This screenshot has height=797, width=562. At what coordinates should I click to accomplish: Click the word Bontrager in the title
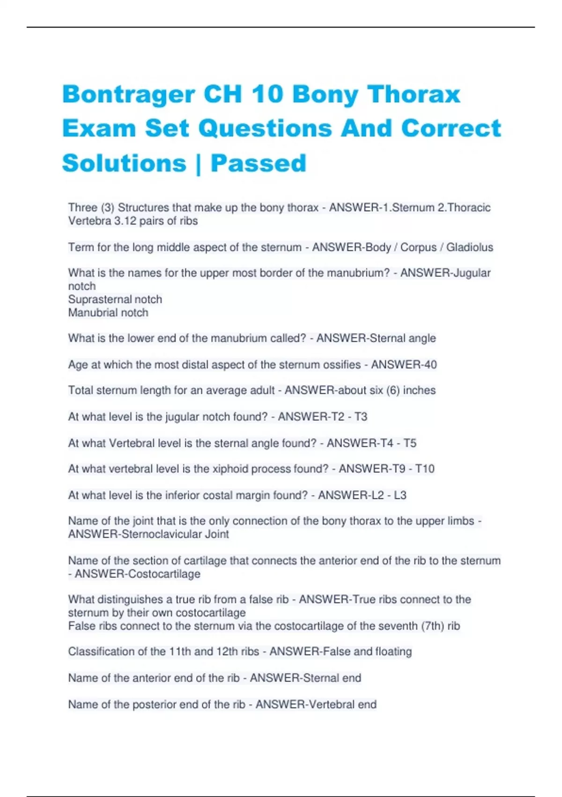coord(128,94)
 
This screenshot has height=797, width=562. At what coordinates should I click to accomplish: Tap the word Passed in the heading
coord(258,163)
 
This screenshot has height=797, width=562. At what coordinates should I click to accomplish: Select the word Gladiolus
coord(469,247)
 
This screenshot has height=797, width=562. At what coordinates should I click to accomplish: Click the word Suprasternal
coord(99,299)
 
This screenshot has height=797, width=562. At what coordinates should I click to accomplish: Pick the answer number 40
coord(430,364)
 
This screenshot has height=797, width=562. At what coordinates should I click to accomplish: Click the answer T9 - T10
coord(410,468)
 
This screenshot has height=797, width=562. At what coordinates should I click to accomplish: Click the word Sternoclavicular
coord(161,534)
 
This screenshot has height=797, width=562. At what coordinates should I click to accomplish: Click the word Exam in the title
coord(99,128)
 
